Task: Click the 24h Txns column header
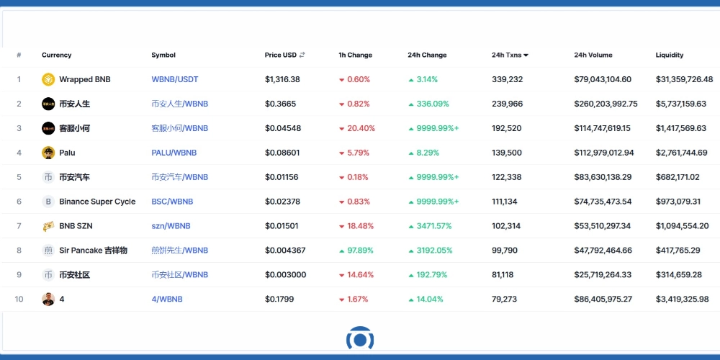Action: tap(510, 55)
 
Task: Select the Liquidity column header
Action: tap(669, 55)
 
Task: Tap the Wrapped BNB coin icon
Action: tap(48, 79)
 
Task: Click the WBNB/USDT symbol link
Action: tap(174, 79)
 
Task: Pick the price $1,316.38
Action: tap(282, 79)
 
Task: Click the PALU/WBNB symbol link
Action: tap(174, 153)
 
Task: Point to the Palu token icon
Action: tap(48, 153)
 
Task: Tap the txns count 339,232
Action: tap(507, 79)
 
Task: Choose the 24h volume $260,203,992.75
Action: tap(606, 104)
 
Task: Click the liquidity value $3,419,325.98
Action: tap(682, 299)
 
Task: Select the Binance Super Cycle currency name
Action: tap(97, 202)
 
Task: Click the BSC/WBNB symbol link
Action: tap(172, 202)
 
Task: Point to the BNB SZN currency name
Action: tap(76, 226)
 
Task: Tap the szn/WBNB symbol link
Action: tap(171, 226)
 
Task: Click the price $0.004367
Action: tap(285, 251)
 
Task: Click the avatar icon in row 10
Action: tap(48, 299)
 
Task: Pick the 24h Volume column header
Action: tap(593, 55)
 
